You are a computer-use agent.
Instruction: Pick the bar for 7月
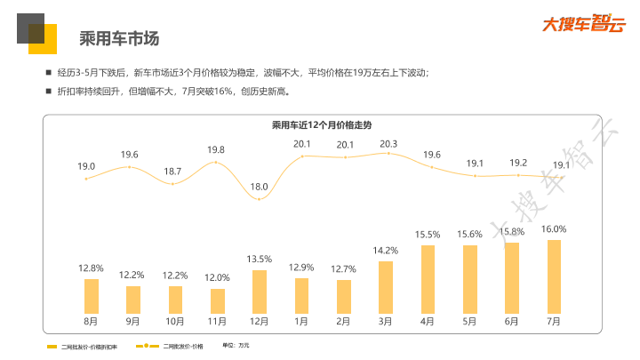[x=554, y=276]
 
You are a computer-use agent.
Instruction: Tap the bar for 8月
[x=91, y=296]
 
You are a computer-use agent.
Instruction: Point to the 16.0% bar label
[x=554, y=228]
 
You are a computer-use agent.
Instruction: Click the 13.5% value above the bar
[x=260, y=259]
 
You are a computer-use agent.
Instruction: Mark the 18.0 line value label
[x=260, y=187]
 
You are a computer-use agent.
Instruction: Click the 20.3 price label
[x=388, y=143]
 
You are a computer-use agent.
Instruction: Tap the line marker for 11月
[x=216, y=162]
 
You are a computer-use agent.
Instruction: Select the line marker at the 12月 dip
[x=260, y=198]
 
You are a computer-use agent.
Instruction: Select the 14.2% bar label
[x=385, y=251]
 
